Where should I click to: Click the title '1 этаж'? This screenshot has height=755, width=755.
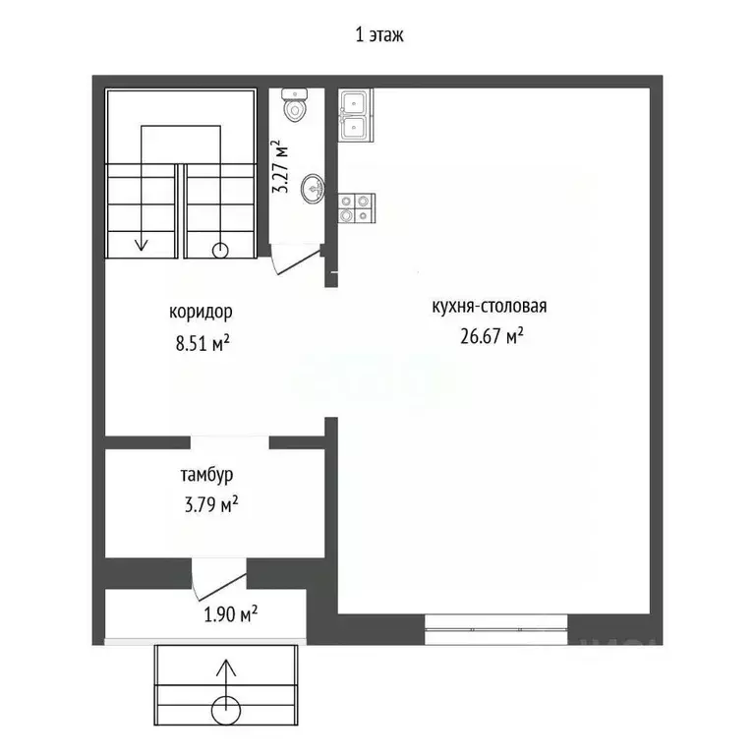point(378,35)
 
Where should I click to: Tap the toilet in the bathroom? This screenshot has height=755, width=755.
point(294,104)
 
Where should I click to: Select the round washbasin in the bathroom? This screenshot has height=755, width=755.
point(313,189)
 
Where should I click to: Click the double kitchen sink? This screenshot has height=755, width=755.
point(355,115)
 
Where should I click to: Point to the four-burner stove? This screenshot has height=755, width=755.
point(356,208)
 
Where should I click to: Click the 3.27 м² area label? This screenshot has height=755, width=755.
point(281,166)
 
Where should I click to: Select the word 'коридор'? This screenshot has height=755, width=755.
point(201,312)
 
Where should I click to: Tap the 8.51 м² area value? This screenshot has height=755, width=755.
point(203,343)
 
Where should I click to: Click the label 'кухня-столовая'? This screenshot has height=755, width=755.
point(490,307)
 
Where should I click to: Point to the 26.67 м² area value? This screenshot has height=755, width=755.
point(492,336)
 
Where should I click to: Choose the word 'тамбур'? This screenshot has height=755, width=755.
point(207,475)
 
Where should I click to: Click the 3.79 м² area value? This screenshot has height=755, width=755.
point(211,504)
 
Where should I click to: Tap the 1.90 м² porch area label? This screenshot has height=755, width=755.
point(231,614)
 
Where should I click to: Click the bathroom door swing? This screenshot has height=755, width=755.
point(296,260)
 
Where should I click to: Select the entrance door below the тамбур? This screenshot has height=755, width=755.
point(219,580)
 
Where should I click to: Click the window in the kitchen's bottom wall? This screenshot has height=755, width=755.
point(495,629)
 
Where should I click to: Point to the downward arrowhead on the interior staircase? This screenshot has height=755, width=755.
point(142,245)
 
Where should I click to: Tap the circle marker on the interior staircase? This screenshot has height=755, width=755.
point(220,251)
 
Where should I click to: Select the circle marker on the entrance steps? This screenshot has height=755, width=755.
point(226,710)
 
